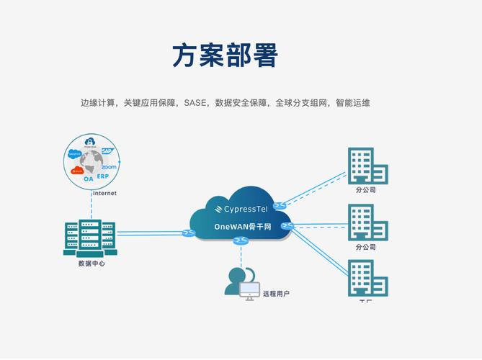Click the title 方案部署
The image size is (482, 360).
click(x=225, y=55)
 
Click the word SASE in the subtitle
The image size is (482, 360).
click(x=195, y=103)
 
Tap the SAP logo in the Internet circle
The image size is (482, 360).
click(x=107, y=151)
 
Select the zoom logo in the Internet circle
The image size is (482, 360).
click(x=109, y=167)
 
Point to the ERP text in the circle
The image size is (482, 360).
click(x=103, y=176)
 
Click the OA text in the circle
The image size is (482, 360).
click(x=88, y=178)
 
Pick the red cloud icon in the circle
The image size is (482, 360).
click(x=77, y=170)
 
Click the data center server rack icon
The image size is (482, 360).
click(x=90, y=238)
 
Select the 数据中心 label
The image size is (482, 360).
click(x=92, y=264)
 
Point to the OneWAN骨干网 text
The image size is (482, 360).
click(x=243, y=227)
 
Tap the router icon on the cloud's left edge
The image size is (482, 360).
click(x=189, y=233)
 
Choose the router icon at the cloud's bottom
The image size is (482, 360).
click(x=241, y=241)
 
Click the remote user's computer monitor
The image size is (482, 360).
click(x=249, y=290)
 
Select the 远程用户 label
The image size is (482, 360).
click(x=276, y=294)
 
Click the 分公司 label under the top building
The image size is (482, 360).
click(x=365, y=190)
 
